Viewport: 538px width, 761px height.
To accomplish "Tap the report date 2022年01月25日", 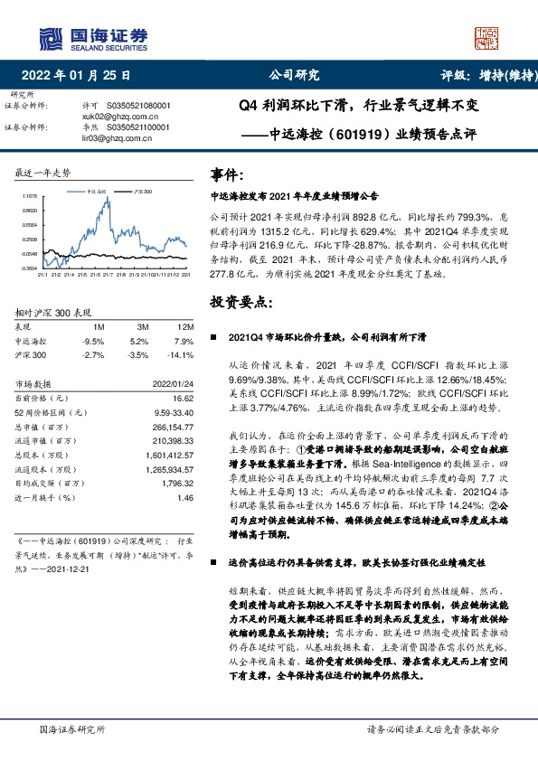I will click(x=80, y=76).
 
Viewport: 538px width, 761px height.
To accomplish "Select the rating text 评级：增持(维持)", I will click(x=488, y=76).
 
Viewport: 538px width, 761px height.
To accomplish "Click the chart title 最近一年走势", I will click(x=42, y=172).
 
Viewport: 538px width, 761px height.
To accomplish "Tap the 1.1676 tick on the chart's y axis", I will click(x=29, y=195).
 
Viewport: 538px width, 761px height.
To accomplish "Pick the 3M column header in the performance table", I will click(x=144, y=325).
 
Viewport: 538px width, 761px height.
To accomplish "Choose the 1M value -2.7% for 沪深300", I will click(x=94, y=356).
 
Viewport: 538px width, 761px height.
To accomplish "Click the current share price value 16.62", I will click(x=183, y=397).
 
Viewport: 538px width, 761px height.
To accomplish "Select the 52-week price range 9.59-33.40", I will click(x=173, y=411).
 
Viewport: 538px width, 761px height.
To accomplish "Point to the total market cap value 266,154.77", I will click(x=171, y=425).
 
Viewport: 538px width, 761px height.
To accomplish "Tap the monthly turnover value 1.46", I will click(x=185, y=497).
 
